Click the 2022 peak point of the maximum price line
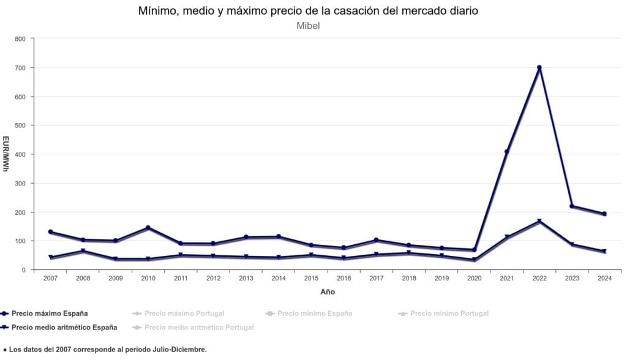(x=539, y=67)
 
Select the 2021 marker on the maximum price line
(x=507, y=151)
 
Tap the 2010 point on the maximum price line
(x=148, y=228)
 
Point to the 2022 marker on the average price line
(x=539, y=221)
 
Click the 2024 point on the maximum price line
(x=604, y=214)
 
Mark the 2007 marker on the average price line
(x=50, y=257)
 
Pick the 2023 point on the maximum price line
(x=572, y=206)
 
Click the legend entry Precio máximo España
(x=50, y=313)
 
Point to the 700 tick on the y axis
(x=20, y=68)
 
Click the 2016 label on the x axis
(x=343, y=279)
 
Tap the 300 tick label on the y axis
(x=20, y=183)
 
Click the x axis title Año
(x=328, y=292)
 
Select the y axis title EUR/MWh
(x=6, y=154)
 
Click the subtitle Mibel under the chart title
(x=308, y=26)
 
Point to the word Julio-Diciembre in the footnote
(x=175, y=350)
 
